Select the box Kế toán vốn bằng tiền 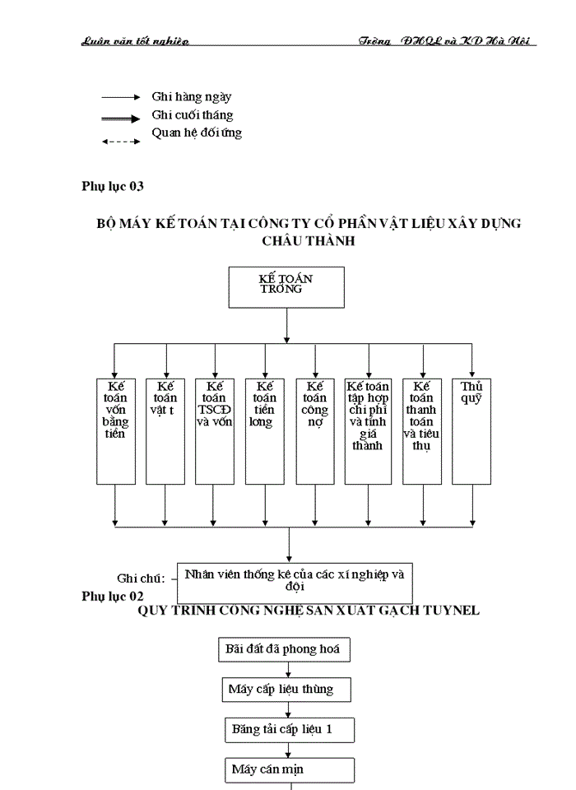(x=115, y=430)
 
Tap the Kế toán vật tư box (x=165, y=430)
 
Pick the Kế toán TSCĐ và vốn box (x=215, y=430)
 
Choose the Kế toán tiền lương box (x=265, y=430)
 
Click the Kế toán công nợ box (x=315, y=430)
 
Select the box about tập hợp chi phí (x=368, y=430)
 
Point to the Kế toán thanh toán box (x=423, y=430)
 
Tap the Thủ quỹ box (x=471, y=430)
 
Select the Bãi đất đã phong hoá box (x=285, y=648)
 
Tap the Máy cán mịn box (x=290, y=769)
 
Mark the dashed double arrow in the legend (x=121, y=142)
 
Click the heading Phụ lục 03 (x=113, y=186)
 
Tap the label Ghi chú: (x=141, y=579)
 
